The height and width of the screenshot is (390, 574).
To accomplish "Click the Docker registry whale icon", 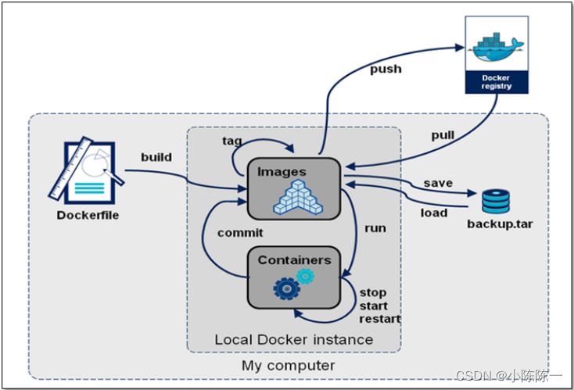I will coord(497,47).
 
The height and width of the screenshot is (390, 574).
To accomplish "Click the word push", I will coord(386,69).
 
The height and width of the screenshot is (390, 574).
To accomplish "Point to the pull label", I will coord(443,135).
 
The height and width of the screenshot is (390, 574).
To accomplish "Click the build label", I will coord(156,156).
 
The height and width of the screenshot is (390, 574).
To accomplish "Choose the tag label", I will coord(231,141).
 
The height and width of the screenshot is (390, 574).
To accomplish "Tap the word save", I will coord(438,183).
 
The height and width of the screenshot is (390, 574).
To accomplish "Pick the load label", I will coord(434,213).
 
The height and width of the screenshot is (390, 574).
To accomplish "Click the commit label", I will coord(240,232).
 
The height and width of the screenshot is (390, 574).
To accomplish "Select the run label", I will coord(375,228).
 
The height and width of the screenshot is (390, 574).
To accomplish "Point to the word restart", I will coord(380,319).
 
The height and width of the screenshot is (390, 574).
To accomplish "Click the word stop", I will coord(373,293).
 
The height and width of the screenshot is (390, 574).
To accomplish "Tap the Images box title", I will coord(282,171).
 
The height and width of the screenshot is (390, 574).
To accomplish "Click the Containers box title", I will coord(294,259).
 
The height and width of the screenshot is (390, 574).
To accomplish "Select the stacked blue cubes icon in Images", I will coord(296,196).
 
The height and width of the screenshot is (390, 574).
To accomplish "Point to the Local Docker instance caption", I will coord(293,340).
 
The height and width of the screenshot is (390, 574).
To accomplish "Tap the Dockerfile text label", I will coord(88,215).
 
